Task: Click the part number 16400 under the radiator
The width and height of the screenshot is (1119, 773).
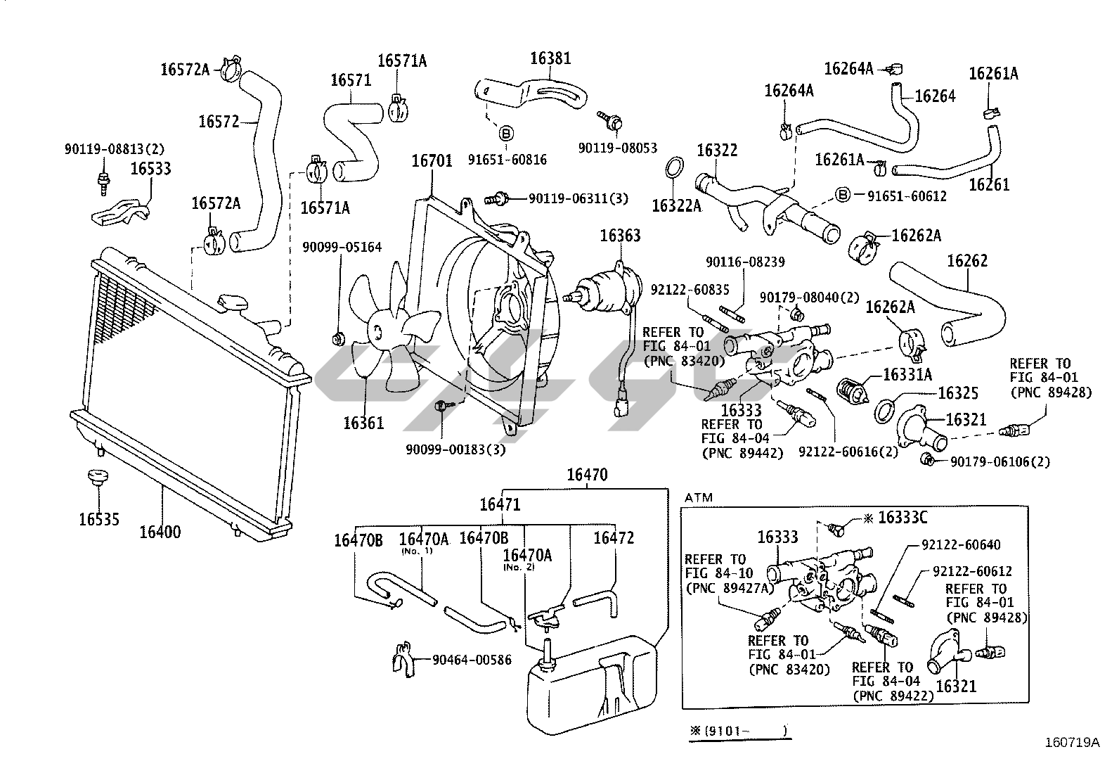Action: pos(160,532)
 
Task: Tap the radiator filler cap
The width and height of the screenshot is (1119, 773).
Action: pos(232,302)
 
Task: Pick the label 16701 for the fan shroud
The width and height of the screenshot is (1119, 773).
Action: pos(432,161)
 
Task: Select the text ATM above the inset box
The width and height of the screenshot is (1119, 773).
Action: pos(699,497)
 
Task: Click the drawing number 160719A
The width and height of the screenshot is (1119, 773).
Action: pos(1072,743)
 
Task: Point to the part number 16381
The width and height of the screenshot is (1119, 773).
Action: pos(550,58)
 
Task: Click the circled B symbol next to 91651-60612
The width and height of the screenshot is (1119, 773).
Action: pos(843,195)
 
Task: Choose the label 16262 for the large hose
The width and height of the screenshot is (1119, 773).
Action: pos(967,261)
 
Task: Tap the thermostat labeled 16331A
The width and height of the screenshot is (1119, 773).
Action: pos(853,390)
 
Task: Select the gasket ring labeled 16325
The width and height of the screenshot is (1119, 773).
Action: pos(885,411)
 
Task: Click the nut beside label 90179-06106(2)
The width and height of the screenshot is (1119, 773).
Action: pos(927,459)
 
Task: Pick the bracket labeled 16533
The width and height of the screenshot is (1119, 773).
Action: pos(121,212)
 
